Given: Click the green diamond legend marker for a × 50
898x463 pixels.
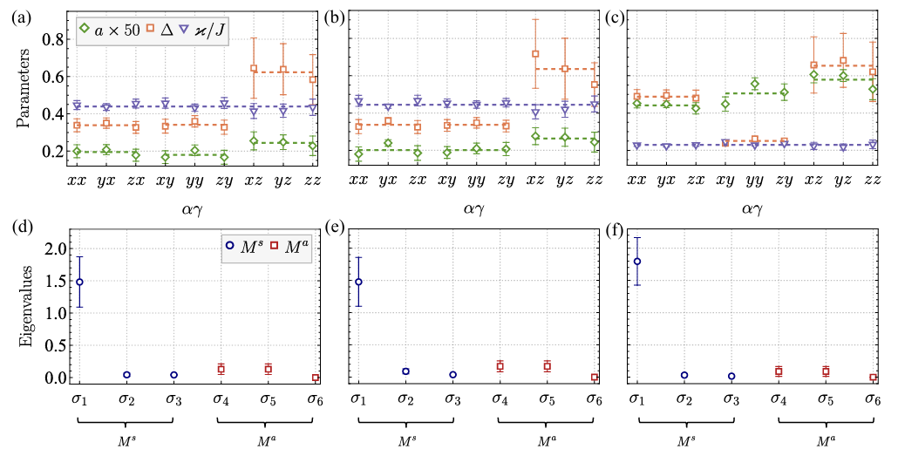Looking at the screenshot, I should pyautogui.click(x=85, y=30).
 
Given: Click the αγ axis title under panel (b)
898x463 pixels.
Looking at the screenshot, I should pyautogui.click(x=476, y=209).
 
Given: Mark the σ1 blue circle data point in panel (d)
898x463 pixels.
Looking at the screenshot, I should pyautogui.click(x=79, y=282).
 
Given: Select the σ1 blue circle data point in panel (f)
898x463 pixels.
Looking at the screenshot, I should pyautogui.click(x=637, y=262).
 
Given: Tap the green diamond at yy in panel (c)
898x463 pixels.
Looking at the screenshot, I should pyautogui.click(x=755, y=84).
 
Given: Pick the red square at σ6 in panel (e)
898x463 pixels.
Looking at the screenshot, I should pyautogui.click(x=594, y=378).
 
